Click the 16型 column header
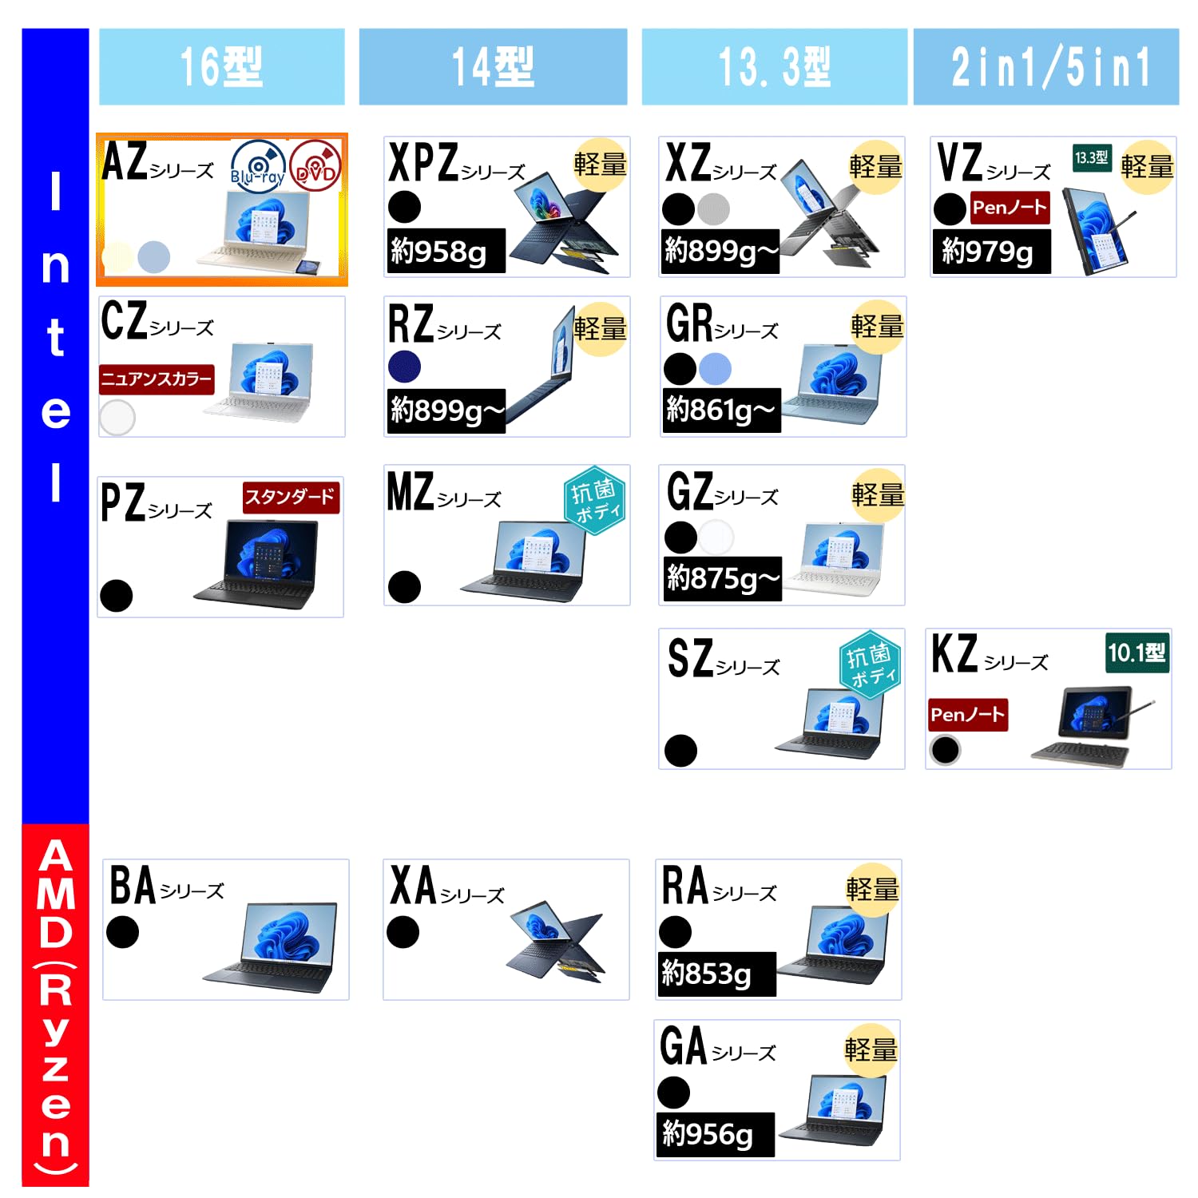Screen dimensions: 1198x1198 pyautogui.click(x=221, y=66)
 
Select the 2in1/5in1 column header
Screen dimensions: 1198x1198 pyautogui.click(x=1046, y=66)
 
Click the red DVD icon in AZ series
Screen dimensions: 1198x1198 pyautogui.click(x=315, y=166)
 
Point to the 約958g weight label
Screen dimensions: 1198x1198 pyautogui.click(x=445, y=251)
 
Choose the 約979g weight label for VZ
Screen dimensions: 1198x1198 pyautogui.click(x=990, y=251)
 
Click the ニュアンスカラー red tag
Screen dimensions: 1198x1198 pyautogui.click(x=157, y=379)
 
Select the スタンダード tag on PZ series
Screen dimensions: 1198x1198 pyautogui.click(x=291, y=497)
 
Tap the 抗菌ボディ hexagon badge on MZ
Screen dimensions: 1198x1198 pyautogui.click(x=593, y=500)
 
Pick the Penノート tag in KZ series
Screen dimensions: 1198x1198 pyautogui.click(x=967, y=714)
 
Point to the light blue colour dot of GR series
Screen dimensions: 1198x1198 pyautogui.click(x=715, y=368)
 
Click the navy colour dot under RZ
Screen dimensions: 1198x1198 pyautogui.click(x=404, y=367)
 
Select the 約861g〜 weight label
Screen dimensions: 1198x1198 pyautogui.click(x=720, y=411)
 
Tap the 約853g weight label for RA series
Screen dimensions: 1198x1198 pyautogui.click(x=716, y=974)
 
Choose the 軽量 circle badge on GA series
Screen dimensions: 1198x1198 pyautogui.click(x=871, y=1049)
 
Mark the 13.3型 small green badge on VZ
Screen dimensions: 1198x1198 pyautogui.click(x=1091, y=157)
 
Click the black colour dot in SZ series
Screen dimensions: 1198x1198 pyautogui.click(x=680, y=750)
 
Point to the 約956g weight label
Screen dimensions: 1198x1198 pyautogui.click(x=714, y=1134)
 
